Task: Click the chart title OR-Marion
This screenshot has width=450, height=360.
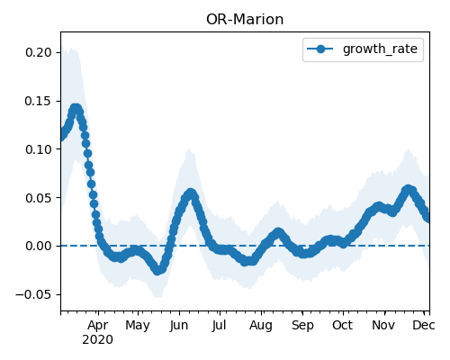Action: [x=245, y=20]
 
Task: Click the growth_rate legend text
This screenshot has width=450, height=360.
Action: [x=380, y=49]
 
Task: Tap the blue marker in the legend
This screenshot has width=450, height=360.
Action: [x=320, y=49]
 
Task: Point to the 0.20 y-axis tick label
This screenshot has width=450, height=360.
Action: [x=39, y=52]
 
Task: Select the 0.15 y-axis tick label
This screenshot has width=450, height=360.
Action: [x=39, y=101]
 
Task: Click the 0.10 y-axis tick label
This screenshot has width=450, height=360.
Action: [x=39, y=149]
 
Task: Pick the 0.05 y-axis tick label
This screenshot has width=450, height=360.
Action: [x=39, y=198]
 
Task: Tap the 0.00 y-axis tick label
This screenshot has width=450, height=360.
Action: [x=39, y=246]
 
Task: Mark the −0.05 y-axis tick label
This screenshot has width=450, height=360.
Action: [x=34, y=294]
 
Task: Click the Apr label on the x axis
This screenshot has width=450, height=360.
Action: [x=98, y=325]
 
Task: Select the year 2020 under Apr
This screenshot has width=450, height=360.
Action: [x=98, y=340]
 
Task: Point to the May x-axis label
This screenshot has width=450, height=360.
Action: [x=138, y=326]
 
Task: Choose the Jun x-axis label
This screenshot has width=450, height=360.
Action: [x=179, y=326]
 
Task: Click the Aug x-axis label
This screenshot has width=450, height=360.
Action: [x=261, y=326]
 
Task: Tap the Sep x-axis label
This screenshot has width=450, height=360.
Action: [x=302, y=326]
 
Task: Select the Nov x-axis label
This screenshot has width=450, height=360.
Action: [x=383, y=325]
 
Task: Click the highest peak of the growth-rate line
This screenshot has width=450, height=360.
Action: [x=76, y=109]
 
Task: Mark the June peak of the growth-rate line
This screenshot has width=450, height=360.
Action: [x=190, y=193]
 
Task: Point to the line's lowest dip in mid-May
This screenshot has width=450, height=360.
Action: [x=157, y=270]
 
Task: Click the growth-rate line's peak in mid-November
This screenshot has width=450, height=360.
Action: [x=408, y=190]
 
